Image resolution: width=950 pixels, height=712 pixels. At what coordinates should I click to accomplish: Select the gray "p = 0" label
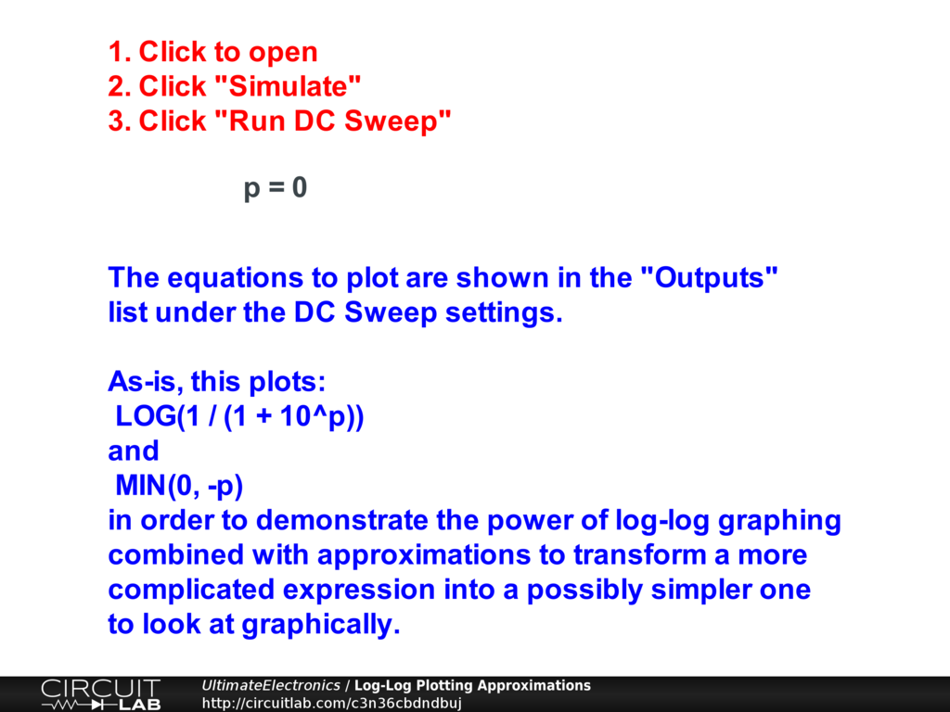click(276, 187)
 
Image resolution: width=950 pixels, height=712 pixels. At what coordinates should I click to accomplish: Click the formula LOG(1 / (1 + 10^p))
click(240, 416)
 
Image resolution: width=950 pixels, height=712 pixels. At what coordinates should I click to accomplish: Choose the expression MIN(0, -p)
click(179, 486)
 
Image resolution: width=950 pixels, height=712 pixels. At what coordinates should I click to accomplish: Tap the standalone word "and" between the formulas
click(134, 451)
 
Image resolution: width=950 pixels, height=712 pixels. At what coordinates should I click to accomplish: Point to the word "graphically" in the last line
click(321, 625)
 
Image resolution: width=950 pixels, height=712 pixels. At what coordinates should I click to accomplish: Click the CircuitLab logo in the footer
click(100, 694)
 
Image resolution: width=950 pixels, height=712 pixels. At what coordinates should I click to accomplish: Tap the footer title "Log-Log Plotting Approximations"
click(472, 685)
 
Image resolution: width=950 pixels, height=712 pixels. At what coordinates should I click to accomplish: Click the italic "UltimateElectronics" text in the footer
click(270, 685)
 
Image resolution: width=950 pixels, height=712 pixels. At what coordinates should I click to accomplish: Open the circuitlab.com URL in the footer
click(331, 703)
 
